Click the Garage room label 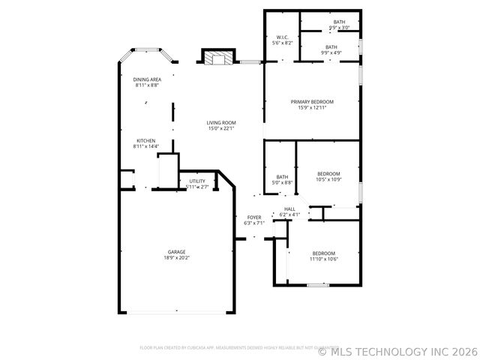tap(177, 251)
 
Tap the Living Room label tap(222, 122)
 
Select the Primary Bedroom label tap(312, 101)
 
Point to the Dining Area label tap(147, 79)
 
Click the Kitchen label tap(145, 140)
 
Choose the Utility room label tap(197, 181)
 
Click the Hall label tap(289, 209)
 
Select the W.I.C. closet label tap(282, 37)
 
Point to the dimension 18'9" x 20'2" tap(177, 258)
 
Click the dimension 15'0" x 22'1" tap(222, 128)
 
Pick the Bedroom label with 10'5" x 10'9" tap(328, 173)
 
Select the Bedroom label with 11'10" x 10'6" tap(324, 253)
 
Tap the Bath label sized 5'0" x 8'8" tap(282, 177)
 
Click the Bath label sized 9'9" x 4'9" tap(331, 46)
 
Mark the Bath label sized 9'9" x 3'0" tap(340, 22)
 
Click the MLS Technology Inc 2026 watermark tap(397, 350)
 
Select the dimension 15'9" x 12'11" tap(312, 108)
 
